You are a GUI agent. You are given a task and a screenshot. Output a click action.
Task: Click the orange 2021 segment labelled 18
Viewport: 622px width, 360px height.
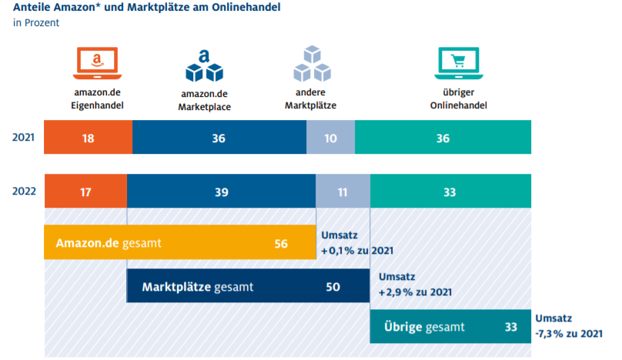coord(88,137)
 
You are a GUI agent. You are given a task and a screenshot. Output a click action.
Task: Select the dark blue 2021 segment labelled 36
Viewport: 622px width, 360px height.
coord(219,137)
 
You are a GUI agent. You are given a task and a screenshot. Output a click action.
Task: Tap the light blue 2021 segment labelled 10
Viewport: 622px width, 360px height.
coord(330,137)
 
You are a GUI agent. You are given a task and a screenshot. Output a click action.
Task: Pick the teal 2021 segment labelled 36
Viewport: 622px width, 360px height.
coord(443,137)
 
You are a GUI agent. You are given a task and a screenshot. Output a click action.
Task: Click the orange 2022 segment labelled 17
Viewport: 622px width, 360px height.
coord(85,192)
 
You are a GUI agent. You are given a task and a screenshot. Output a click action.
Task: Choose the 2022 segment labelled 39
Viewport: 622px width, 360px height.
coord(221,192)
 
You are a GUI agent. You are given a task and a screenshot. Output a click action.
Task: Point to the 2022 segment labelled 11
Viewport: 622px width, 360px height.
coord(343,192)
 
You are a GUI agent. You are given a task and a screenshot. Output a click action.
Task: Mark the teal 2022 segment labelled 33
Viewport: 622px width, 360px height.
coord(450,192)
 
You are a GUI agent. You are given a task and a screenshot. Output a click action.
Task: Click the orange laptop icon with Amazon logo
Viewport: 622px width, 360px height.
coord(96,64)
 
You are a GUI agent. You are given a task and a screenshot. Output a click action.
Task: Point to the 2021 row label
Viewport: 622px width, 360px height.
coord(23,137)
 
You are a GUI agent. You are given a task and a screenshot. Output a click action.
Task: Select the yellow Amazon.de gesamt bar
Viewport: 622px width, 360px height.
coord(179,243)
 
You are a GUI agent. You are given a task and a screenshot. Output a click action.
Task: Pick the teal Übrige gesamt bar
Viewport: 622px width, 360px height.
coord(450,326)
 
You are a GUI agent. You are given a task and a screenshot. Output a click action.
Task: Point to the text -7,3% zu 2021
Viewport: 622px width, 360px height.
coord(568,333)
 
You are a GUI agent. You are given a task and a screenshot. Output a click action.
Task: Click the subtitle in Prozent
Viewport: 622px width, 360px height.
coord(36,23)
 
